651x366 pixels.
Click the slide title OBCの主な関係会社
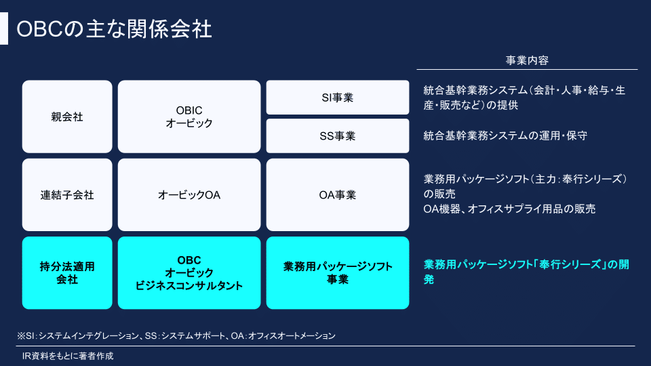pyautogui.click(x=114, y=29)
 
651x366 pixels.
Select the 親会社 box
pyautogui.click(x=67, y=117)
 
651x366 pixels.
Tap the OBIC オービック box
pyautogui.click(x=189, y=117)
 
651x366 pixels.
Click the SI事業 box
pyautogui.click(x=338, y=98)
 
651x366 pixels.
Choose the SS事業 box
pyautogui.click(x=338, y=136)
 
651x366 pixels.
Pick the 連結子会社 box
pyautogui.click(x=67, y=195)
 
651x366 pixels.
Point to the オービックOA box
pyautogui.click(x=189, y=195)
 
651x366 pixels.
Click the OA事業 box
pyautogui.click(x=338, y=195)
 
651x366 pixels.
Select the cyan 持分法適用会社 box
pyautogui.click(x=67, y=272)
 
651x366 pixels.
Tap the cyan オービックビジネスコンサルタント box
pyautogui.click(x=189, y=272)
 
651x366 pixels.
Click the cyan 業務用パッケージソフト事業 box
pyautogui.click(x=338, y=272)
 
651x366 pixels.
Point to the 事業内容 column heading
pyautogui.click(x=527, y=60)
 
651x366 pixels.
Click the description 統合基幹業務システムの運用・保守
pyautogui.click(x=505, y=136)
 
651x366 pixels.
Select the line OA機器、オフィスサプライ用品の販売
pyautogui.click(x=509, y=209)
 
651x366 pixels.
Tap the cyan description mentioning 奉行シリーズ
pyautogui.click(x=526, y=272)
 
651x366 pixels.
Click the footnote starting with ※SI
pyautogui.click(x=176, y=335)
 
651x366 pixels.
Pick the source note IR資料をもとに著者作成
pyautogui.click(x=68, y=356)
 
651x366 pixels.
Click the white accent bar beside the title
pyautogui.click(x=4, y=28)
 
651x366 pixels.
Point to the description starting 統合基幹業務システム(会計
pyautogui.click(x=524, y=98)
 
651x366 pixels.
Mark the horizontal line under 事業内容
pyautogui.click(x=528, y=69)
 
